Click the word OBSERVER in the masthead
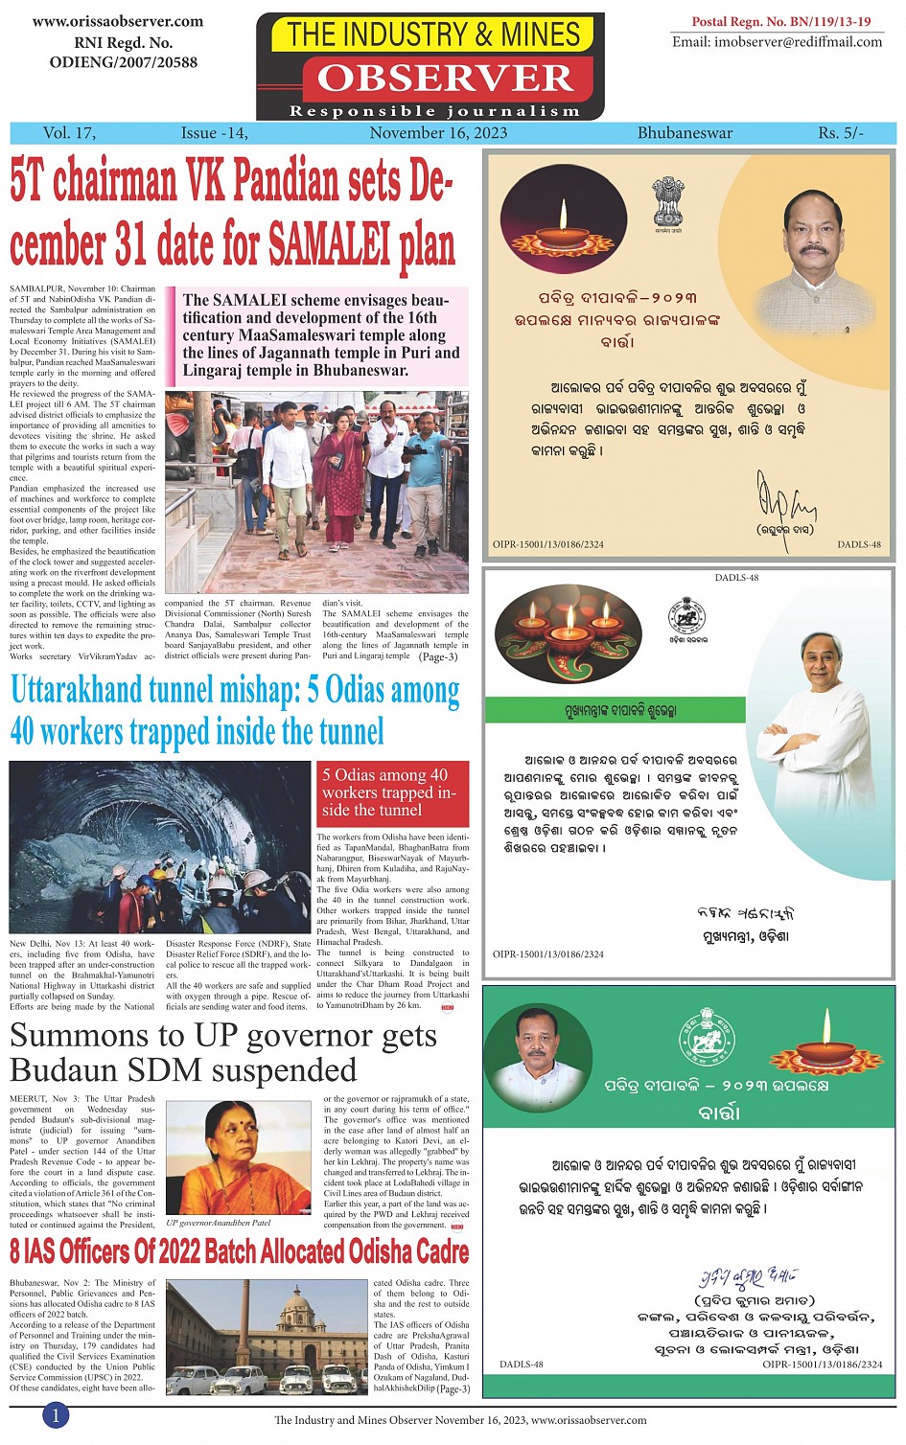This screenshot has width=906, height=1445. point(444,78)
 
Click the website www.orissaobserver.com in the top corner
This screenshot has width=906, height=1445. point(117,21)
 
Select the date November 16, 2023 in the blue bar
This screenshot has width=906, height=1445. point(438,133)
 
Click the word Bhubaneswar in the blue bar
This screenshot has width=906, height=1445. point(685,133)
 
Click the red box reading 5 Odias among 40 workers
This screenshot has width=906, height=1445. point(393,792)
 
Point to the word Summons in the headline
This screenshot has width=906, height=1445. point(80,1036)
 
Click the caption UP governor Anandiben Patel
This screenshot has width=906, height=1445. point(218,1223)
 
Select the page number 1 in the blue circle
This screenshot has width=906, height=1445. point(56,1415)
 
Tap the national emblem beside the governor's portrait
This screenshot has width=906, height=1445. point(668,200)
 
